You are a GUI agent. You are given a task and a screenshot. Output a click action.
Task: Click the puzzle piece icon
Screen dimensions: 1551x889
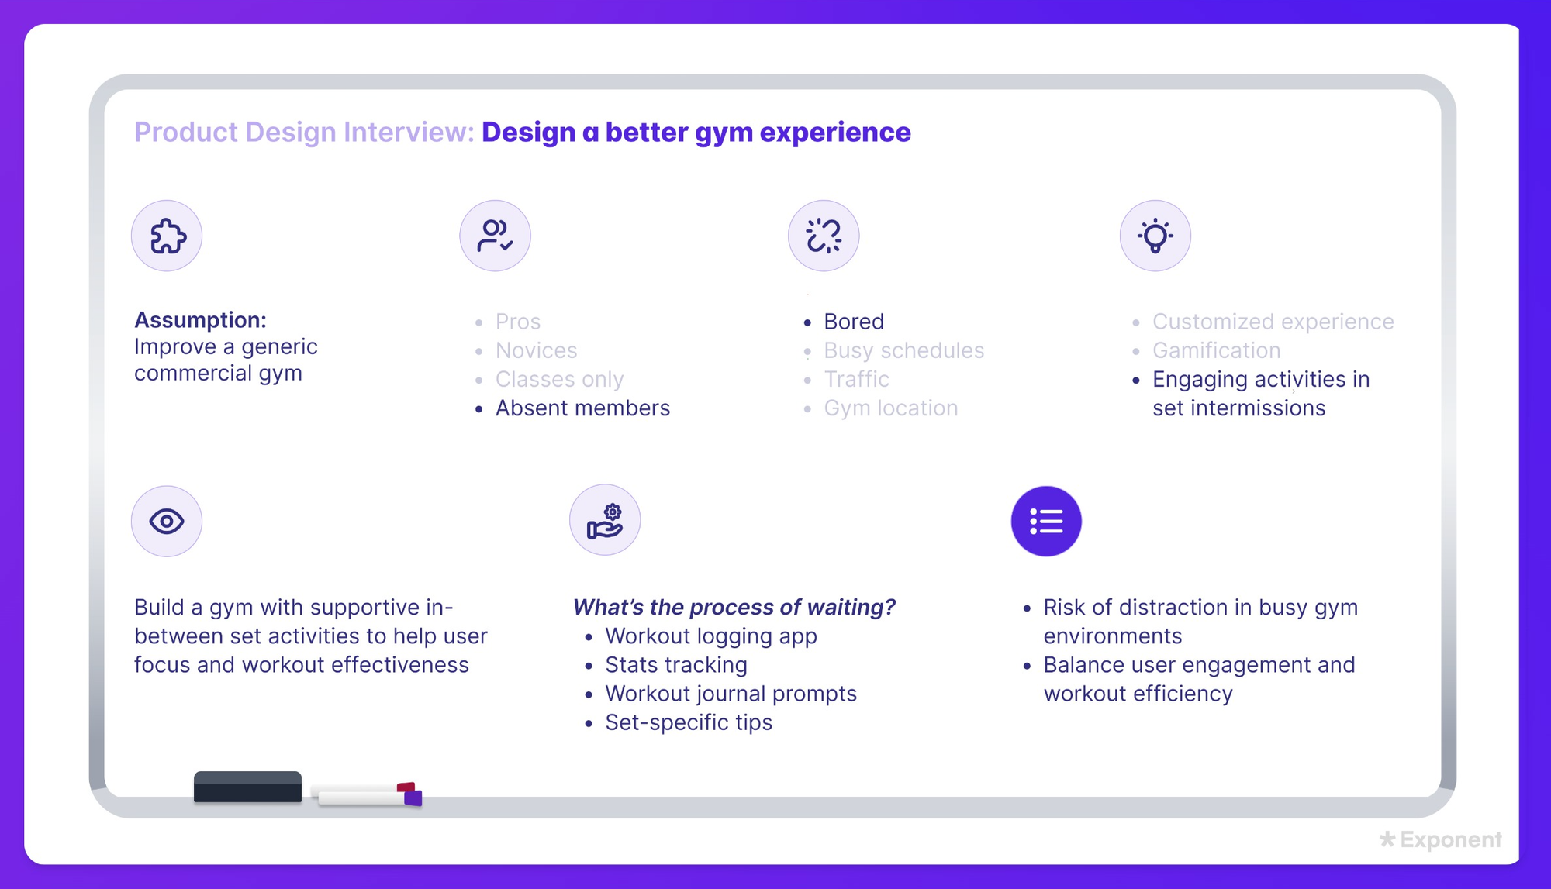click(x=167, y=236)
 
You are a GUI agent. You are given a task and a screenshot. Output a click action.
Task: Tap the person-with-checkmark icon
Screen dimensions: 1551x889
click(x=495, y=236)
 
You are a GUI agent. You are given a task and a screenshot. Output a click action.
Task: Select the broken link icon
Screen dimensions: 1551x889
click(x=824, y=236)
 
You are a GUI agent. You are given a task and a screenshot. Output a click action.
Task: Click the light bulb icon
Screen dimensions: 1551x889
click(x=1155, y=236)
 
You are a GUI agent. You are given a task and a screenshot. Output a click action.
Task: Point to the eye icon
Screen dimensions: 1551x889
click(x=167, y=521)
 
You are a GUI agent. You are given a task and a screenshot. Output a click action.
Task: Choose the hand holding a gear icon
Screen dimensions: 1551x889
click(x=605, y=520)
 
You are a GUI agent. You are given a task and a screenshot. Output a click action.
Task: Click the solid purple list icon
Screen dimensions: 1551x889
click(x=1046, y=521)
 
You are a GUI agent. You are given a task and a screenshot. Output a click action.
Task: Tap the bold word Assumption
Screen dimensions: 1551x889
click(x=200, y=320)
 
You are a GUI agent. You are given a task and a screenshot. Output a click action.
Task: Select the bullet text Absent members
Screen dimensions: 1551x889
click(x=582, y=408)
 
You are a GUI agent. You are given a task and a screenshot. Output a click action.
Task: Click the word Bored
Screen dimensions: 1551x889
click(x=854, y=321)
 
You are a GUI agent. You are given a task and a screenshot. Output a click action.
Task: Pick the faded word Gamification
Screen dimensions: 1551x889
click(x=1216, y=350)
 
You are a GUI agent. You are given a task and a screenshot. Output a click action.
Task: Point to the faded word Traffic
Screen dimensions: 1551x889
click(x=856, y=379)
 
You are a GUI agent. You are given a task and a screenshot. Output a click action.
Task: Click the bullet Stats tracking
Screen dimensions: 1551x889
click(x=676, y=665)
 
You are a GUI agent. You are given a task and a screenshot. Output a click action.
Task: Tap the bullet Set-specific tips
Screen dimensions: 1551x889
click(x=689, y=722)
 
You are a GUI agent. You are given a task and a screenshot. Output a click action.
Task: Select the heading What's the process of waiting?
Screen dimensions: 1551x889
click(x=734, y=607)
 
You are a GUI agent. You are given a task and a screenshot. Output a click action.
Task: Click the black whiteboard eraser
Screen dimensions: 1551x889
click(x=247, y=787)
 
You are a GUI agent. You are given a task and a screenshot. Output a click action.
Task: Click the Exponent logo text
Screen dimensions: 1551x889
click(x=1451, y=839)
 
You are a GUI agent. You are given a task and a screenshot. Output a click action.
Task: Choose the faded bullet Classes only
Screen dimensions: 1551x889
click(x=559, y=379)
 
